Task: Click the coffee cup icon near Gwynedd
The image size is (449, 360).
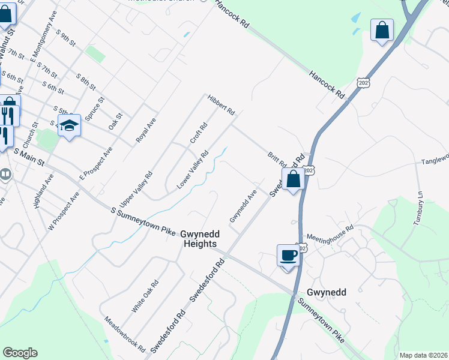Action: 288,256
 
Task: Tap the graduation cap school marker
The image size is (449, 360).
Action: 70,125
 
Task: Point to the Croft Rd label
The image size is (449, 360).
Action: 198,133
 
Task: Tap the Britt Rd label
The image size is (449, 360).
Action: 277,160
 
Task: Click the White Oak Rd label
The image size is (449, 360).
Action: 145,296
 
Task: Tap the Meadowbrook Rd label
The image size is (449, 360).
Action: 125,334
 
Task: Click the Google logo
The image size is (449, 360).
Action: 20,353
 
